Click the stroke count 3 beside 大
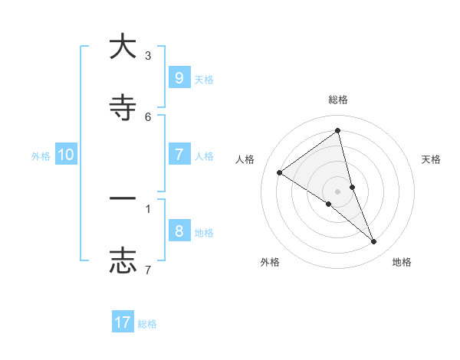point(148,56)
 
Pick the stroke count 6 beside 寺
point(148,116)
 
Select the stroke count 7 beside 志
point(148,270)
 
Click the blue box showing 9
point(179,77)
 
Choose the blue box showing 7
point(179,155)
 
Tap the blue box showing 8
point(179,231)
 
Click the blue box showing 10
point(66,155)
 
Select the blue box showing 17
point(123,322)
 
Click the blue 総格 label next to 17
point(147,324)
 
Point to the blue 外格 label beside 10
point(41,156)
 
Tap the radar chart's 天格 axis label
point(432,159)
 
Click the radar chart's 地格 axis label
point(402,262)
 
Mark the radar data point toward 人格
point(279,173)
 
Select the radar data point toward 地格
point(374,242)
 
